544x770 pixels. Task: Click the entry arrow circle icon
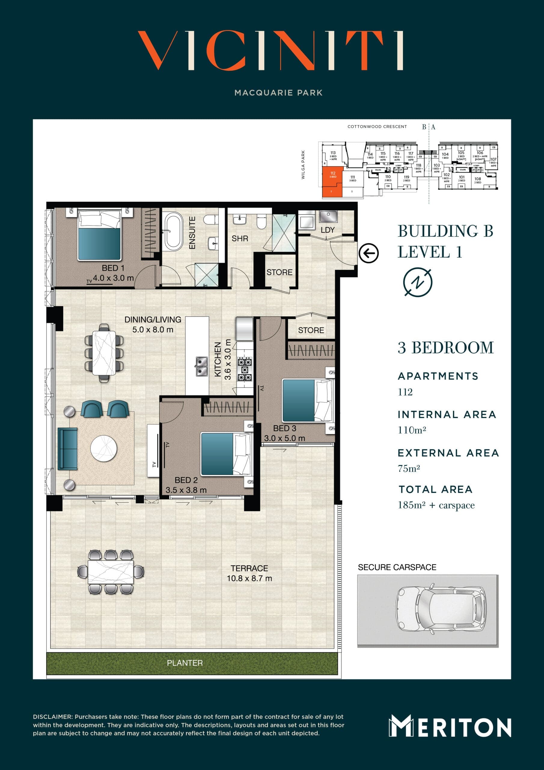369,253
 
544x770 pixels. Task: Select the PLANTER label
185,663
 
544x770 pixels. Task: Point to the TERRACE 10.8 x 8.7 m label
249,573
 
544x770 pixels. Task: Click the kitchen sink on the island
201,367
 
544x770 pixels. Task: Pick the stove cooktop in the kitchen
245,369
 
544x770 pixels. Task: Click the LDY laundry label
328,230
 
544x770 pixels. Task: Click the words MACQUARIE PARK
278,93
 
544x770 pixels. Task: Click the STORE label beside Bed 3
311,330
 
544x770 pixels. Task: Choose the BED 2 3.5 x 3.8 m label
186,485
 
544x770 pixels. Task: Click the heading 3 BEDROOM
445,348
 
